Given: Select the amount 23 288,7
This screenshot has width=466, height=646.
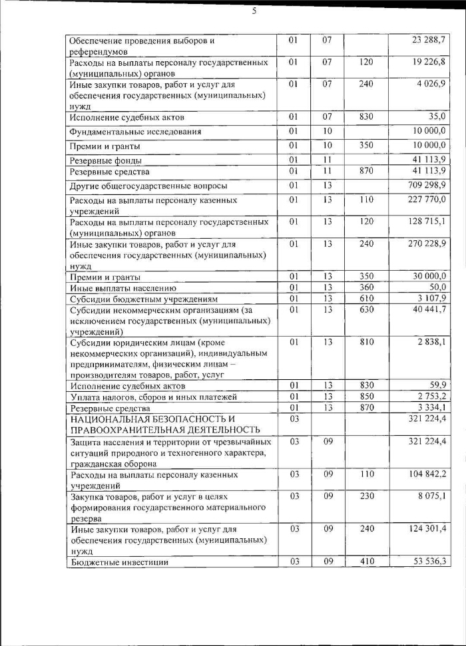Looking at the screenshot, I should coord(429,41).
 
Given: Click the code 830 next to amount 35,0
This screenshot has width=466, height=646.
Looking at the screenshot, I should coord(365,117).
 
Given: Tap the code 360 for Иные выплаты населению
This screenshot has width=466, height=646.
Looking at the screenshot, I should coord(365,288).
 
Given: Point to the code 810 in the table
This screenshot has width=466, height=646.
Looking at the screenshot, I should coord(365,342).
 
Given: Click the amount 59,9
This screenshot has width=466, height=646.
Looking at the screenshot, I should coord(437,385).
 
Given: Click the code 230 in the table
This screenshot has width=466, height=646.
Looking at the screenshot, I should coord(365,496).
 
